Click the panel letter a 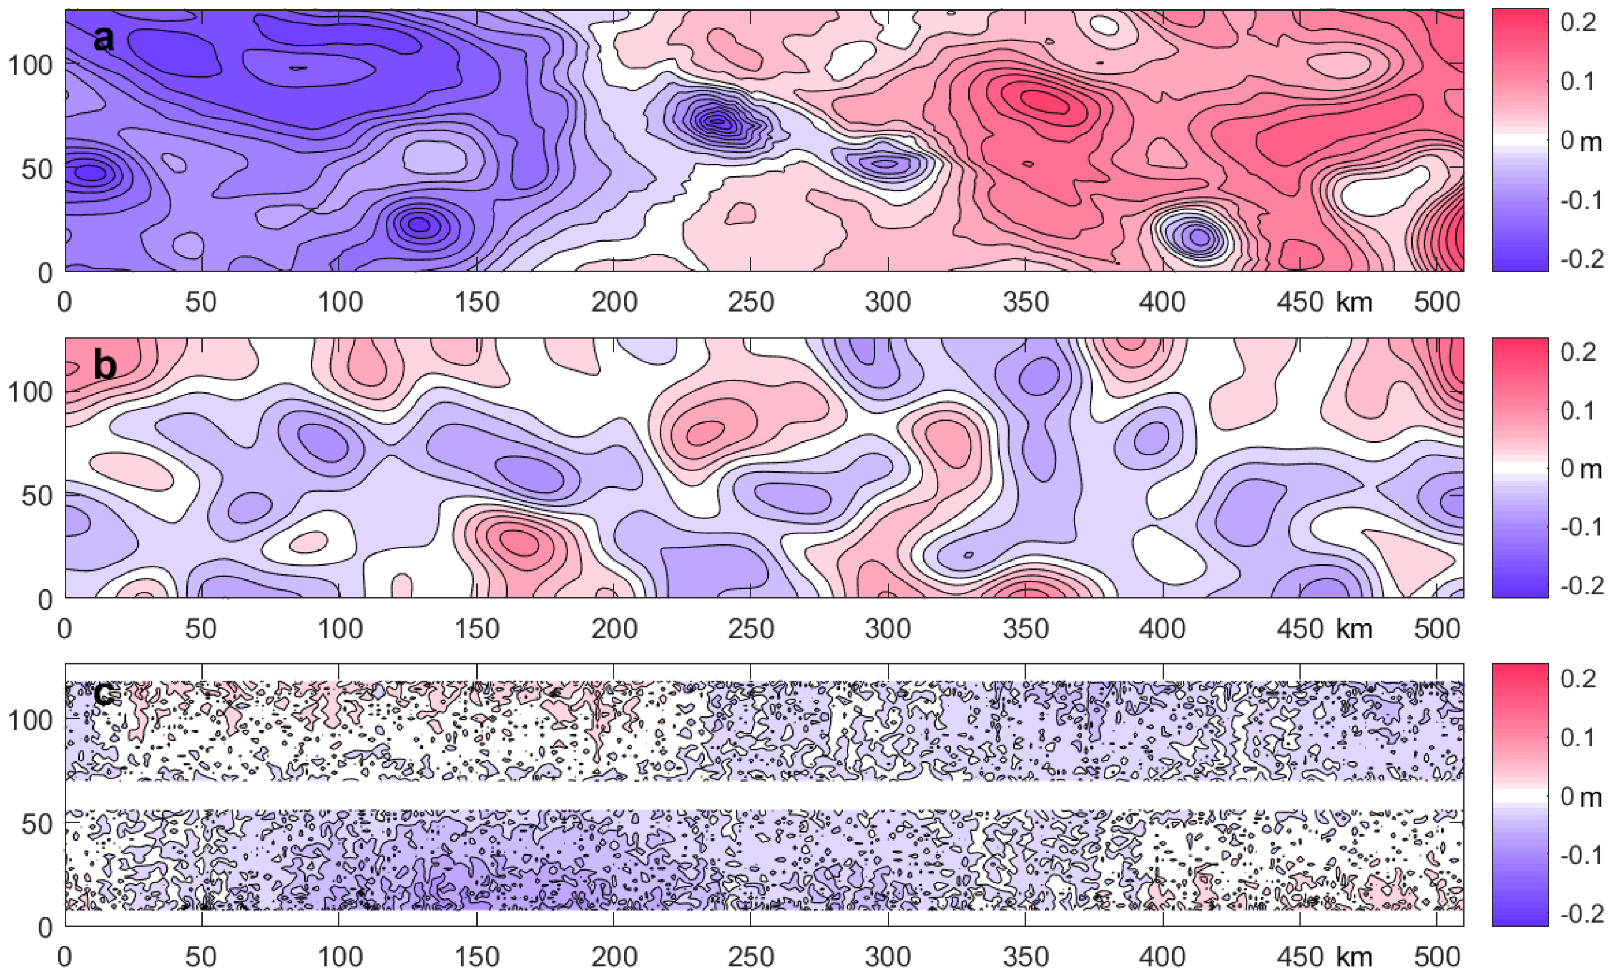(103, 38)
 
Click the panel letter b (105, 366)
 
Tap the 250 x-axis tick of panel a (751, 302)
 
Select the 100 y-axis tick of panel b (29, 392)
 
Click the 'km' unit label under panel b (1354, 629)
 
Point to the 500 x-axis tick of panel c (1436, 957)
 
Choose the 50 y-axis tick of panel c (37, 824)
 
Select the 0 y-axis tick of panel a (45, 273)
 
